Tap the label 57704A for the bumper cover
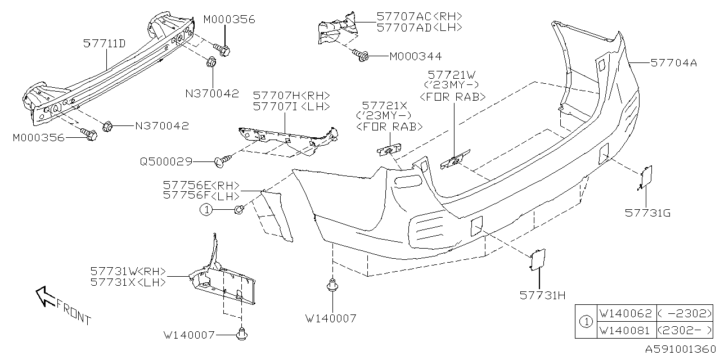[x=673, y=64]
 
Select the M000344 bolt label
[x=415, y=56]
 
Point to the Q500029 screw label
[x=166, y=162]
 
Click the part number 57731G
[x=647, y=213]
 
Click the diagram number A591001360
[x=679, y=349]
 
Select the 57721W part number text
[x=452, y=74]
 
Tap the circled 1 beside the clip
[x=207, y=210]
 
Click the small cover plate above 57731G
[x=646, y=176]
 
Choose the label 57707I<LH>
[x=291, y=106]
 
